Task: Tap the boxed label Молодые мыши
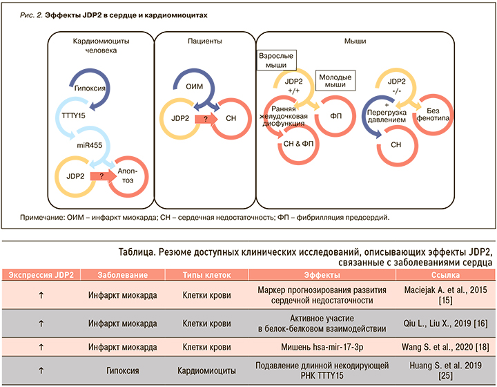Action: [335, 79]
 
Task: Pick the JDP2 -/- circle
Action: [397, 86]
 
